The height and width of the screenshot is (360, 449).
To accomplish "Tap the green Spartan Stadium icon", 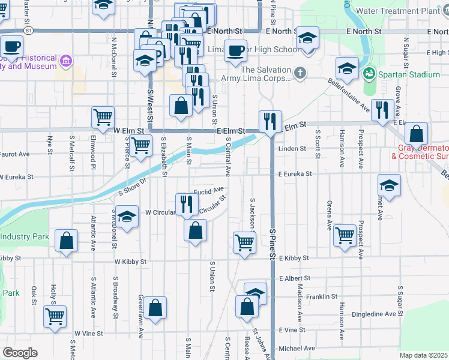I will [x=369, y=74].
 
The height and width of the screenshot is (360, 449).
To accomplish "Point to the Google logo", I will [x=19, y=353].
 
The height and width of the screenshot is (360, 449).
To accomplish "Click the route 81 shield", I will [x=28, y=29].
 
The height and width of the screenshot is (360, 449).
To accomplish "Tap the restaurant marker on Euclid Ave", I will [x=185, y=204].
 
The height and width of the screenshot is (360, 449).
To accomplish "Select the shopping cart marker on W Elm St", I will [x=103, y=117].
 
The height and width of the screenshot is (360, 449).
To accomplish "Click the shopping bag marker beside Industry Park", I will [x=66, y=240].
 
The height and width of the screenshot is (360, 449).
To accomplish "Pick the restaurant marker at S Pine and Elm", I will [x=270, y=121].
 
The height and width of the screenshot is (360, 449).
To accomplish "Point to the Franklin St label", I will [x=322, y=296].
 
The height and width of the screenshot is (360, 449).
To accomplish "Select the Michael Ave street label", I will [x=297, y=348].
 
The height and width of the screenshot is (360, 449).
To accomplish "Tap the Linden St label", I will [x=292, y=148].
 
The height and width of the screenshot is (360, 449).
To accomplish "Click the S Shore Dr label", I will [x=133, y=186].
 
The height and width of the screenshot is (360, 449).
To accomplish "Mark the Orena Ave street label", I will [x=329, y=216].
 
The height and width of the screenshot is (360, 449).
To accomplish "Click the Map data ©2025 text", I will [x=424, y=355].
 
